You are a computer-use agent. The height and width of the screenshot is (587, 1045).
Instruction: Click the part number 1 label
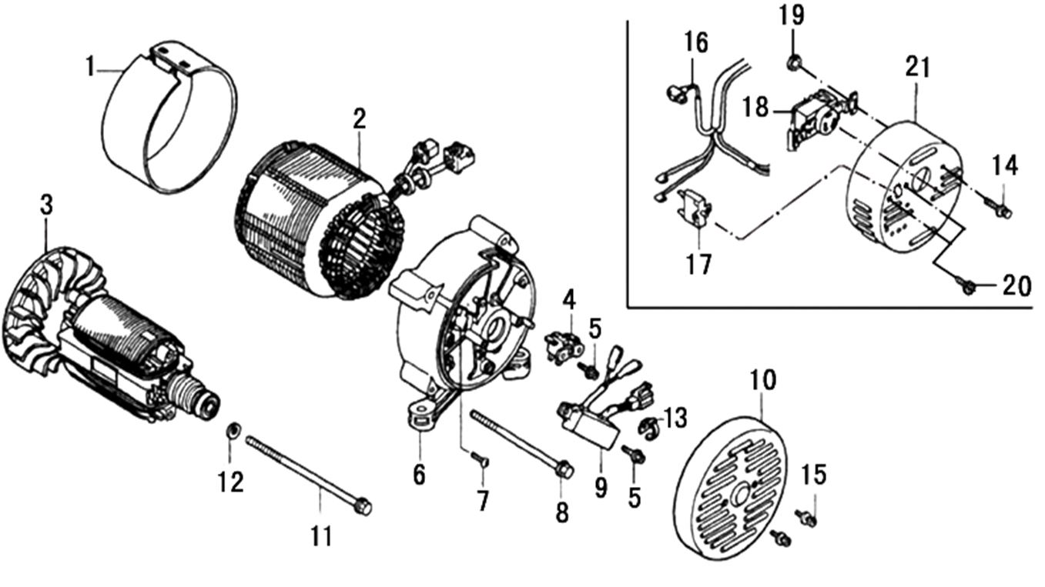pyautogui.click(x=90, y=68)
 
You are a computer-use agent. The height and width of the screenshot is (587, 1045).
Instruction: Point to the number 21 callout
pyautogui.click(x=917, y=68)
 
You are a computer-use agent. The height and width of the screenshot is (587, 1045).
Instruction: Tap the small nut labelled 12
pyautogui.click(x=231, y=428)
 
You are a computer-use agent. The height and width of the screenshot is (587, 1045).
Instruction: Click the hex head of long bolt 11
pyautogui.click(x=362, y=506)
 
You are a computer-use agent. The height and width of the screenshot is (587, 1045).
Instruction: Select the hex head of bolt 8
pyautogui.click(x=563, y=467)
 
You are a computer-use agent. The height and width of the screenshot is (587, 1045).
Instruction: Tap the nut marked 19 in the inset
pyautogui.click(x=792, y=62)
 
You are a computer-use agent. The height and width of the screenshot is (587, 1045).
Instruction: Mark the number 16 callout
pyautogui.click(x=696, y=42)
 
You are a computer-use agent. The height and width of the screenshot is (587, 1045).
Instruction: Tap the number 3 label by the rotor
pyautogui.click(x=46, y=205)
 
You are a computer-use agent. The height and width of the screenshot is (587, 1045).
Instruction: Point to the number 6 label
pyautogui.click(x=418, y=475)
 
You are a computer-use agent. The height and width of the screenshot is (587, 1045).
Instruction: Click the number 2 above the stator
pyautogui.click(x=359, y=118)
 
